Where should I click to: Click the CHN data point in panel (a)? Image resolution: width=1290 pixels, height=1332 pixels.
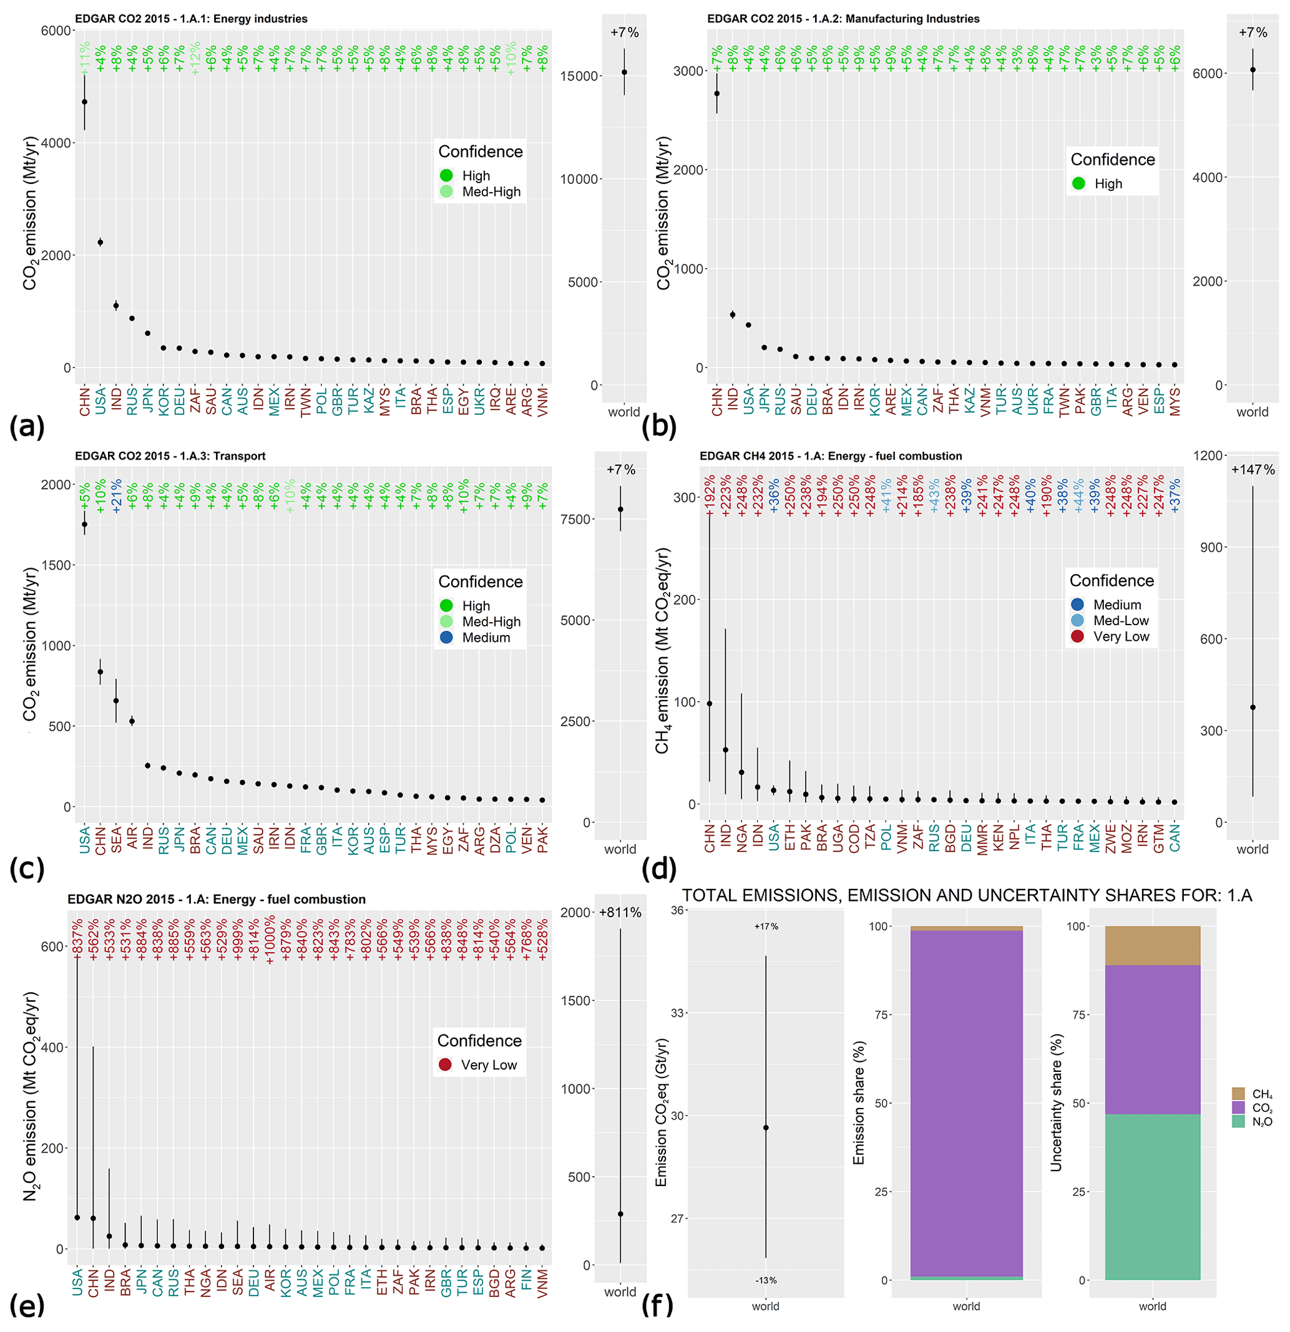click(x=84, y=102)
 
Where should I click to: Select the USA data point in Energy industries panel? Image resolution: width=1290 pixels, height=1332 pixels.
click(x=100, y=242)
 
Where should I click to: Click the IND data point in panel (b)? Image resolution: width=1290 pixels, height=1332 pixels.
click(x=733, y=314)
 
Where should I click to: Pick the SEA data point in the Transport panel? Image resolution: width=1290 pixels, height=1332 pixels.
click(x=116, y=701)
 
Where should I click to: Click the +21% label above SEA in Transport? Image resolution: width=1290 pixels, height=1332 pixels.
click(x=117, y=496)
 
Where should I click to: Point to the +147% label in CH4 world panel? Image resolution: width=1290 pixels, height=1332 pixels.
click(x=1253, y=470)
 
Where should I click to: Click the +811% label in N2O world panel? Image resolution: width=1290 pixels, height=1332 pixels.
click(x=620, y=913)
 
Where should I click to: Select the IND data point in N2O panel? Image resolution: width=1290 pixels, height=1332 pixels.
click(x=109, y=1236)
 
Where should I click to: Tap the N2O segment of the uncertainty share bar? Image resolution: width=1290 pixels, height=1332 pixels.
click(x=1152, y=1196)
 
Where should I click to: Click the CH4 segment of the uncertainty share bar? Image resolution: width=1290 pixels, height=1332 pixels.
click(x=1152, y=945)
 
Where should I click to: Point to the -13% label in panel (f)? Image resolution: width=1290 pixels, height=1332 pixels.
click(x=766, y=1280)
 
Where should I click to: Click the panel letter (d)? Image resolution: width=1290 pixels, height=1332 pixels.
click(x=658, y=868)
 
